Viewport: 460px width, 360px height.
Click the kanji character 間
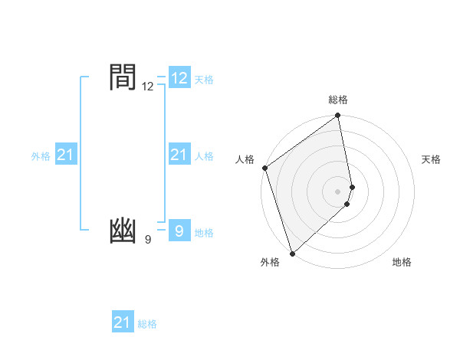coord(123,77)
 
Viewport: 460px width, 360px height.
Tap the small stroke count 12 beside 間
coord(148,87)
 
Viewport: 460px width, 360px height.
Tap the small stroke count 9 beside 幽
coord(148,240)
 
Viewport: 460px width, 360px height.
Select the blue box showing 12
coord(179,78)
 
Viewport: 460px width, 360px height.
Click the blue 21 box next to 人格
coord(179,155)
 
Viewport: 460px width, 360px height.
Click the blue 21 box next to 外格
coord(66,155)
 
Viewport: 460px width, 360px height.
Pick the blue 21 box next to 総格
coord(123,322)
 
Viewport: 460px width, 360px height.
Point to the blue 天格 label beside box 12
coord(204,80)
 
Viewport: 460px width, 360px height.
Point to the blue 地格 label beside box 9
coord(204,233)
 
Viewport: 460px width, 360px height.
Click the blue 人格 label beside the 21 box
coord(204,156)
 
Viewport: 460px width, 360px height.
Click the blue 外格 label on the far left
coord(41,156)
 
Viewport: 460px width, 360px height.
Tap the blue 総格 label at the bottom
coord(147,324)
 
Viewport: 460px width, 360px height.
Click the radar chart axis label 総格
coord(338,100)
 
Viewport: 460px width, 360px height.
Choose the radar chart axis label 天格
coord(431,159)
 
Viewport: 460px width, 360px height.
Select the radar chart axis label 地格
coord(402,262)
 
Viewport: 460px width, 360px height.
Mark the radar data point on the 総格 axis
coord(338,116)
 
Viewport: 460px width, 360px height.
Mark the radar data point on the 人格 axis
coord(264,168)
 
